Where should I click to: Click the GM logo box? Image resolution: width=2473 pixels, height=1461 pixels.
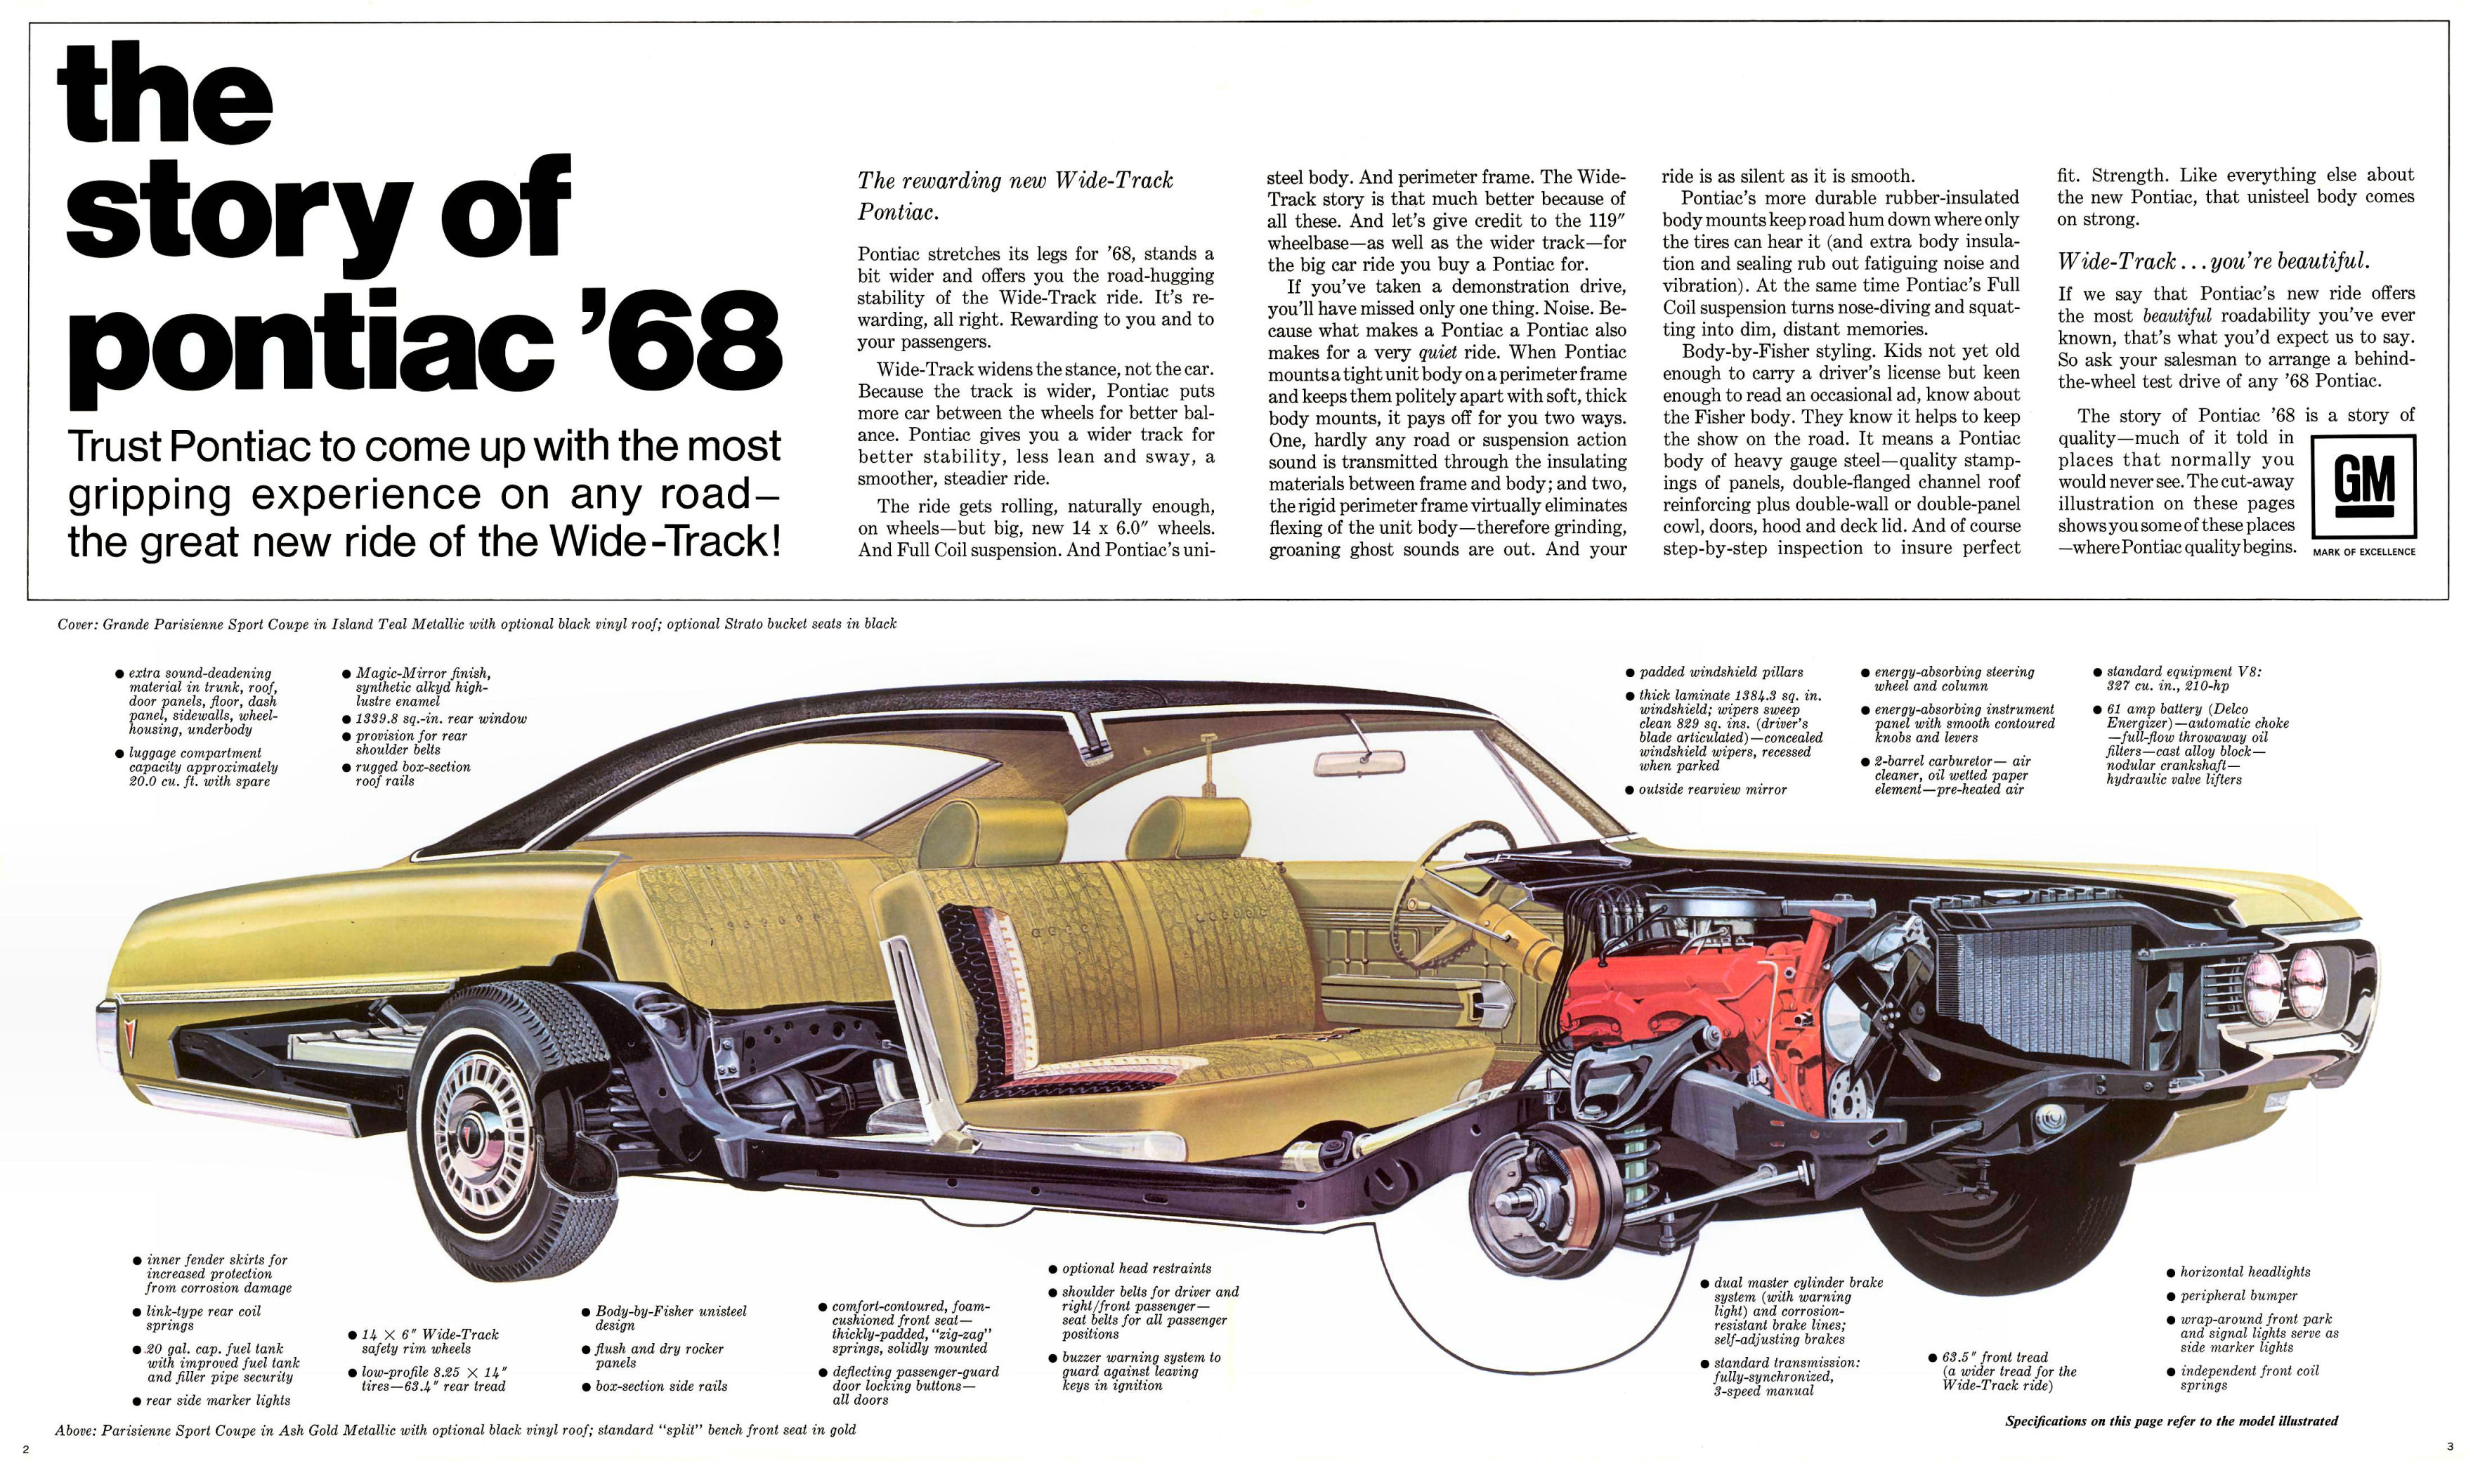click(2363, 487)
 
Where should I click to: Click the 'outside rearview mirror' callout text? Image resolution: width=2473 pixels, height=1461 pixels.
click(1712, 790)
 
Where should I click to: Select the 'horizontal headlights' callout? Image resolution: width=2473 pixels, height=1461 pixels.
click(2245, 1272)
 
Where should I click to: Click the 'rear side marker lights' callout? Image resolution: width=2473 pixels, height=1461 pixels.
click(218, 1400)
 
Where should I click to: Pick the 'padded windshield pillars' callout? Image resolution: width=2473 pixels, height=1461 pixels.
click(1720, 671)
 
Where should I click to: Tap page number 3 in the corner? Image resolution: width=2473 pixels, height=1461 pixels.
click(2449, 1446)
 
